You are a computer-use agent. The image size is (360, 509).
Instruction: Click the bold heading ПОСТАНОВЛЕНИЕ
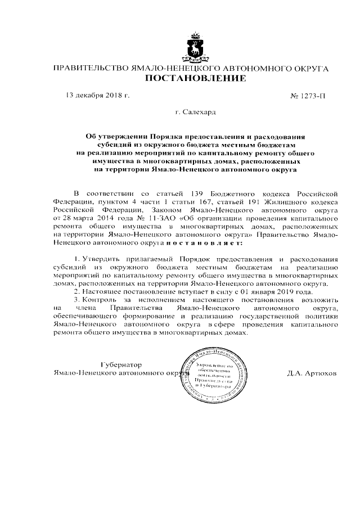196,79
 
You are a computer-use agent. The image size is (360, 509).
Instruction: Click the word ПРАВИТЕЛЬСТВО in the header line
89,68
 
